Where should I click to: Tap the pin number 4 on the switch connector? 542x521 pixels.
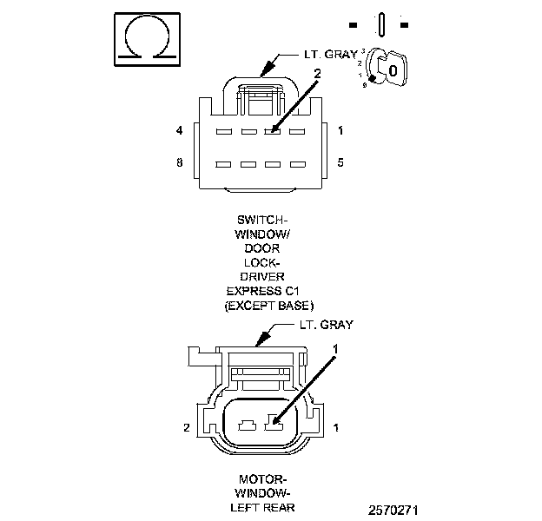[x=179, y=131]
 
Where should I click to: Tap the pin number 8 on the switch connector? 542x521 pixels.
[x=179, y=162]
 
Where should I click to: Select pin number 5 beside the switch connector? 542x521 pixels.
[x=340, y=162]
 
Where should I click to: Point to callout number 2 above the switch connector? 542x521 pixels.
[x=317, y=75]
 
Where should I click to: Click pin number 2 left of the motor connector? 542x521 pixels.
[x=187, y=427]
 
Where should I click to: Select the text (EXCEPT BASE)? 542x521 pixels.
[x=269, y=306]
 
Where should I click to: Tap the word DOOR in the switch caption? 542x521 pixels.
[x=270, y=248]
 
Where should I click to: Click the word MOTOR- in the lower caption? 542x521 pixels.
[x=269, y=478]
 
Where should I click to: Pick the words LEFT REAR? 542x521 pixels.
[x=269, y=508]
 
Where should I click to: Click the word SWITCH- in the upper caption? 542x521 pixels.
[x=269, y=220]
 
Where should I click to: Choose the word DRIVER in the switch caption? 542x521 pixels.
[x=269, y=277]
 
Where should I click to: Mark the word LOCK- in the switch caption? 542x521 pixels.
[x=269, y=262]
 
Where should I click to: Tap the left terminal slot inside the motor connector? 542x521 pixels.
[x=246, y=425]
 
